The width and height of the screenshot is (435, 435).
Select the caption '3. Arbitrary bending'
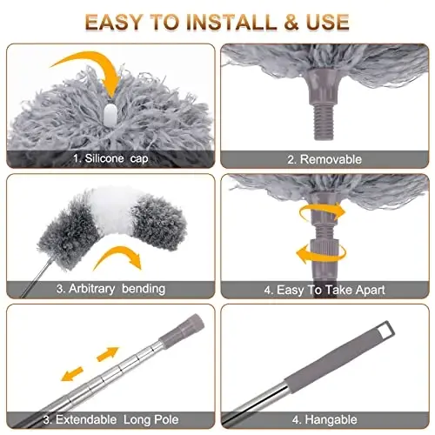coord(109,288)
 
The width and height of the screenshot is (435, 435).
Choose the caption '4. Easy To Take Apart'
coord(325,288)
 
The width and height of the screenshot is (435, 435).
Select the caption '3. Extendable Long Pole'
coord(109,417)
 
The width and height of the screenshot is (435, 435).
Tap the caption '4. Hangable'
coord(325,417)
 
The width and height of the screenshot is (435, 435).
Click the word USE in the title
coord(326,20)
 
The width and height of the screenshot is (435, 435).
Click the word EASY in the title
coord(119,20)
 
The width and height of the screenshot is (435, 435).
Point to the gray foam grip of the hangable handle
coord(352,356)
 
